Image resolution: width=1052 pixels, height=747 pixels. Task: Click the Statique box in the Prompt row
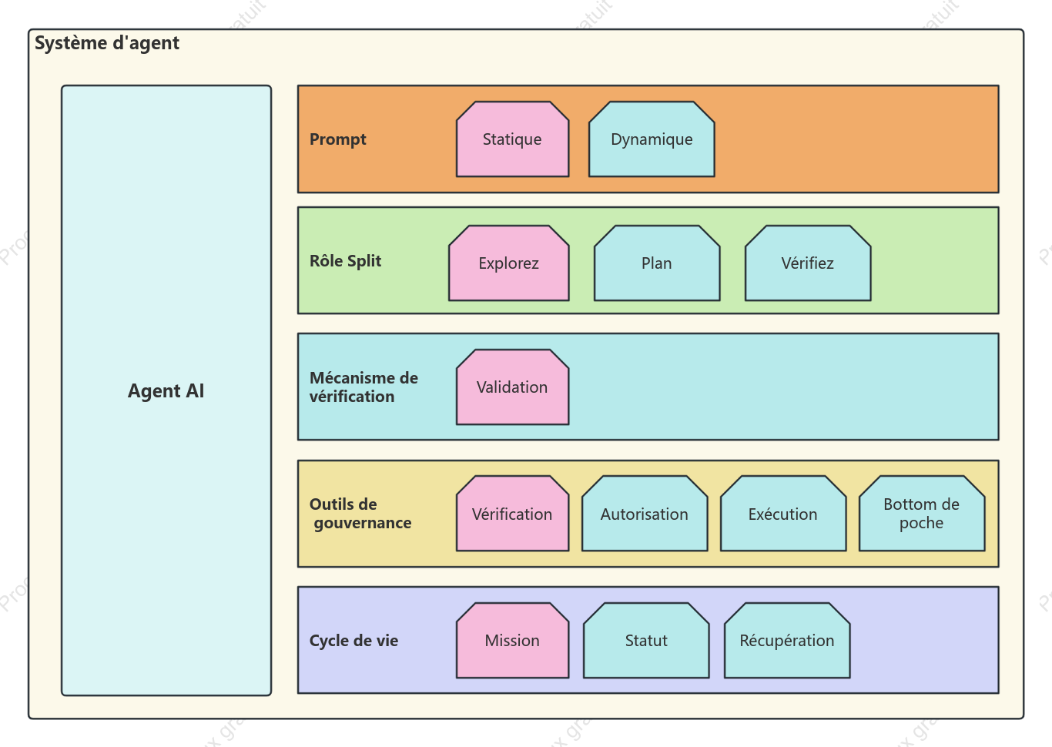tap(512, 139)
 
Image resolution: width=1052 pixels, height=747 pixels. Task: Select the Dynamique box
tap(652, 139)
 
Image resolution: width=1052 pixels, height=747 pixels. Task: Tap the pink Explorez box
tap(508, 263)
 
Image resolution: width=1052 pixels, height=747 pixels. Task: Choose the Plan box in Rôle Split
tap(657, 263)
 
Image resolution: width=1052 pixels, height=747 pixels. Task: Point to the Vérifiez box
tap(808, 263)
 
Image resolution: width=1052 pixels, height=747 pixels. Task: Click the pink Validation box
tap(512, 387)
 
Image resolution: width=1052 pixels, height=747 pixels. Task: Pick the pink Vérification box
tap(512, 514)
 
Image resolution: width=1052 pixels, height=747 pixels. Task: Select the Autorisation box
tap(645, 514)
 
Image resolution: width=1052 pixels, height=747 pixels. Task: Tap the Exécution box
tap(783, 514)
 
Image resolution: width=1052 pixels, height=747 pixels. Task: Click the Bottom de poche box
tap(922, 514)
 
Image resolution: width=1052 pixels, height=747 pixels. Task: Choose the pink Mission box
tap(512, 641)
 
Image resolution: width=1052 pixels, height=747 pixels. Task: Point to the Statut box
tap(646, 641)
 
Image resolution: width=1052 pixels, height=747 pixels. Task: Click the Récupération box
tap(787, 641)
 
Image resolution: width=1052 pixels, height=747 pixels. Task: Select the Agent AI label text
tap(166, 390)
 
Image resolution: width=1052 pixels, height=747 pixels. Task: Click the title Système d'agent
tap(107, 43)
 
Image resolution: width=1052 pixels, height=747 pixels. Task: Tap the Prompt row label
tap(337, 139)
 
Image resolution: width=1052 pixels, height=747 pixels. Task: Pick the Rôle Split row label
tap(345, 260)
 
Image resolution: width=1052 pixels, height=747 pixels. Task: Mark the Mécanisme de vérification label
tap(364, 387)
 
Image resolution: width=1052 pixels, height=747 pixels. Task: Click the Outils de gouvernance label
tap(360, 514)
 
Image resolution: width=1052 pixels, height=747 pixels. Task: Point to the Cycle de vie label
tap(353, 641)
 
